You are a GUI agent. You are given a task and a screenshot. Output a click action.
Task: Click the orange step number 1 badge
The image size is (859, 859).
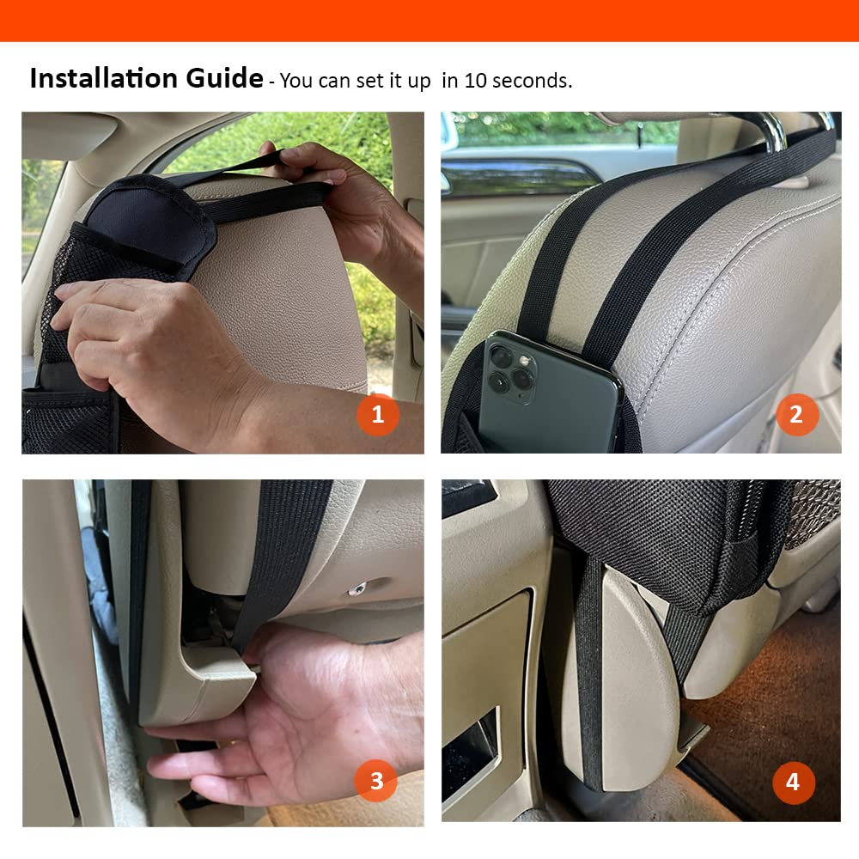(x=378, y=415)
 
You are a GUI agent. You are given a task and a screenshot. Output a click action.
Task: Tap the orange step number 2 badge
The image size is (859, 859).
(x=797, y=415)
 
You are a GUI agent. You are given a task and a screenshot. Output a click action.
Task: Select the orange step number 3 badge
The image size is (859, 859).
(x=376, y=781)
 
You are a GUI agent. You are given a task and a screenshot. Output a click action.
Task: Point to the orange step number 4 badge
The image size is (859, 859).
(x=794, y=783)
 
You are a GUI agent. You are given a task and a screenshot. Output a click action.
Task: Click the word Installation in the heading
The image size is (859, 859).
(x=105, y=78)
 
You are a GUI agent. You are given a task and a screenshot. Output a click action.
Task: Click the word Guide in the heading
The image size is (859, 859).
(x=224, y=78)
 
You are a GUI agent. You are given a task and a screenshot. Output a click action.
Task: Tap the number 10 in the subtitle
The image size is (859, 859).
(x=475, y=81)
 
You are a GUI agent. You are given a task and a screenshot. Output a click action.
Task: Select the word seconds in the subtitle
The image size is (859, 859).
(x=532, y=81)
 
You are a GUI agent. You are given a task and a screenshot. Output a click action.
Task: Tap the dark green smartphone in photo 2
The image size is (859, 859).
(x=548, y=394)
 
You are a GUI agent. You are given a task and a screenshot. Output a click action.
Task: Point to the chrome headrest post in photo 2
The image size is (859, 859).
(x=772, y=131)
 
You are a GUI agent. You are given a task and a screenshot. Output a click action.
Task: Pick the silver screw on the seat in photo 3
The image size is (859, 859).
(x=357, y=590)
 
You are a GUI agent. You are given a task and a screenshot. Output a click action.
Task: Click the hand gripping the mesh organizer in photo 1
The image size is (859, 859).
(x=159, y=350)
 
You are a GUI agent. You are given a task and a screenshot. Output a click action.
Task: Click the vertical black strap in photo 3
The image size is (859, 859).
(x=279, y=559)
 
